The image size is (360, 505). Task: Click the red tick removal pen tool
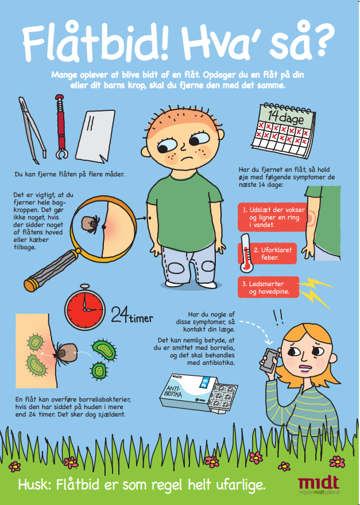60,126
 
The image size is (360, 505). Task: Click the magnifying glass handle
52,269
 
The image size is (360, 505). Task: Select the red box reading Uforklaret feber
267,253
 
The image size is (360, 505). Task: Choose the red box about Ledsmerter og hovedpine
269,287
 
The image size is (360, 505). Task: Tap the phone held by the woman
269,360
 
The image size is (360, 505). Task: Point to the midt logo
318,485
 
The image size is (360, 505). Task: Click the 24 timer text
132,315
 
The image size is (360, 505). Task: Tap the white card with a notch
95,137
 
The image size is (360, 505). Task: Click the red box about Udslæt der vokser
272,217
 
